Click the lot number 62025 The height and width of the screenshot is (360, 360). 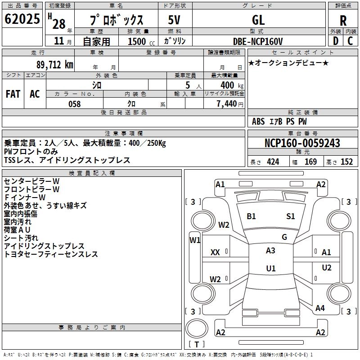22,20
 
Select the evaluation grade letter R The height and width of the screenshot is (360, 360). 343,20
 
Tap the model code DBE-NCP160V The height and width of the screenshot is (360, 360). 258,41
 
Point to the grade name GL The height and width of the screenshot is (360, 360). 258,20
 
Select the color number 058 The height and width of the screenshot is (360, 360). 74,104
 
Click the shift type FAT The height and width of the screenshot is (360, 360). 13,94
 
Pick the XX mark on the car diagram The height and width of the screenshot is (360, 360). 215,252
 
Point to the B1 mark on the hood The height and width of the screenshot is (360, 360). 251,216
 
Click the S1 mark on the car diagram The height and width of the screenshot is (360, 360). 291,216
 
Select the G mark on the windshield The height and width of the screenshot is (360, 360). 284,237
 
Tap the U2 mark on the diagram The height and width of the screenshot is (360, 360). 327,268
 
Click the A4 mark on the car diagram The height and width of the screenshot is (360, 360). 320,308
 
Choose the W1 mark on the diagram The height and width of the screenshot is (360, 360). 195,240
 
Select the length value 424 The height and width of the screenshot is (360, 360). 273,162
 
